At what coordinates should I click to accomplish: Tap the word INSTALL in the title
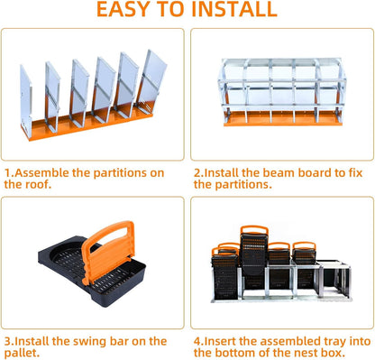232,11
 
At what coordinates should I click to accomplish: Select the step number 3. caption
9,341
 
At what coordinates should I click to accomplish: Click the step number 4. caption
199,341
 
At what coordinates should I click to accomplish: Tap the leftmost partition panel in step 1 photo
30,94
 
